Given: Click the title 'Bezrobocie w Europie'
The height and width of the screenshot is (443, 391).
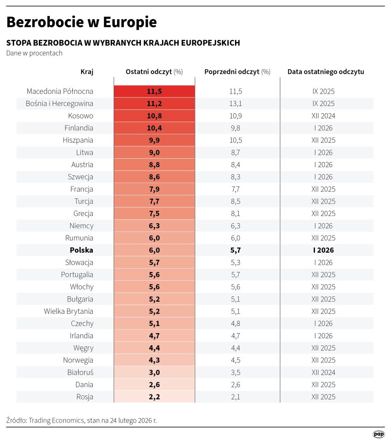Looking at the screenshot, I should point(81,22).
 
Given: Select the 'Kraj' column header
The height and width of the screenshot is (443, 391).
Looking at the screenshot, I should point(87,72).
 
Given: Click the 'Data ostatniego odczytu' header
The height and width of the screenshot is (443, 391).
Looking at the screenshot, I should point(326,72).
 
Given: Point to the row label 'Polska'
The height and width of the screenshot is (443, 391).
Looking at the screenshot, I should point(81,250).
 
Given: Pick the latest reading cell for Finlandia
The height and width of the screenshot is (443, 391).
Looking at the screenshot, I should point(154,128).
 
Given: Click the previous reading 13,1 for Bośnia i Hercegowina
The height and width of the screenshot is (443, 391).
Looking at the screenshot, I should point(235,103).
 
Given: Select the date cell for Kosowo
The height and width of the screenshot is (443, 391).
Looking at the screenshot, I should point(323,116).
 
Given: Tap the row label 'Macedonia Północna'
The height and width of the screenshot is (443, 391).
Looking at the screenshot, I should point(60,92).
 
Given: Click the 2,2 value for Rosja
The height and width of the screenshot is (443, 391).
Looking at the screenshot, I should point(154,397).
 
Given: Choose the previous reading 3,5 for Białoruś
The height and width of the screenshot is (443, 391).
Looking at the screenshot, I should point(235,372).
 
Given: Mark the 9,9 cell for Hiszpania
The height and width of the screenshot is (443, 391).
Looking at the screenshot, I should point(154,140).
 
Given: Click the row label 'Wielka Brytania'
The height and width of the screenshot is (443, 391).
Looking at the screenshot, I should point(68,311).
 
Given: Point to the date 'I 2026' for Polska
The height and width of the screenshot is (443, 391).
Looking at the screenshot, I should point(323,250).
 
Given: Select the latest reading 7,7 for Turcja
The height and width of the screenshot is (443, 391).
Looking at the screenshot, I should point(154,201).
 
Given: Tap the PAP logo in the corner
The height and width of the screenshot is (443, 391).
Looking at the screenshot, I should point(379,434).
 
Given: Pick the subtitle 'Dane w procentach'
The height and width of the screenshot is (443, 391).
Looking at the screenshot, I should point(34,53).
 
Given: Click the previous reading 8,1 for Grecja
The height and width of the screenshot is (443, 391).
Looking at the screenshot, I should point(235,213).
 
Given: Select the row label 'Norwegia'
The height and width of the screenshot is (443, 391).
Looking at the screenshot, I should point(78,360).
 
